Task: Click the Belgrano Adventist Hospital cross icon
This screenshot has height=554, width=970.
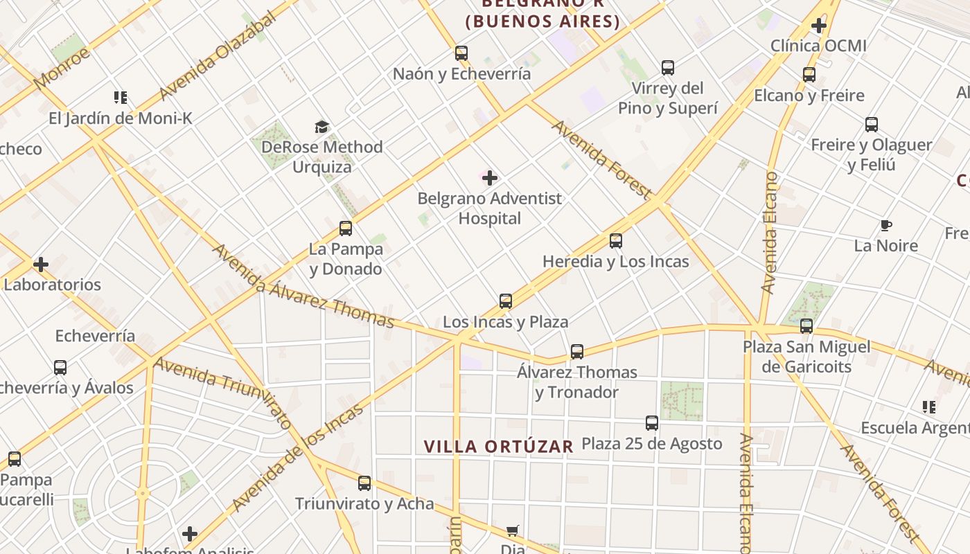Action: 490,178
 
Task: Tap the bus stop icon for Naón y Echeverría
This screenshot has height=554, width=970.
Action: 461,53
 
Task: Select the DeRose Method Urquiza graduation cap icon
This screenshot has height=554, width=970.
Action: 321,127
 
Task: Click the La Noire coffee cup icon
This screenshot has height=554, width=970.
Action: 885,225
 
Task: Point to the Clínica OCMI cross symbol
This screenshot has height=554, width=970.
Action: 819,26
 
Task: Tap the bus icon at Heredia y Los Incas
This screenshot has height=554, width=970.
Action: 615,241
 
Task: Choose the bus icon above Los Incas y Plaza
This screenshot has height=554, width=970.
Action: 506,301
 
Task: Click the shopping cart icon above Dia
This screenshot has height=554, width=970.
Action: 512,531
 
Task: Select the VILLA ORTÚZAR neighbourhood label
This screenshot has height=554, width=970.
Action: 498,447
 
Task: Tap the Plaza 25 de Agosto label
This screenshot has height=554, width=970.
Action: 651,443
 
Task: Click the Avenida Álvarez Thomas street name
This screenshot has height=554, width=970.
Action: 303,285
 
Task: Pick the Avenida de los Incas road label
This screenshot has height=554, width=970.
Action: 298,457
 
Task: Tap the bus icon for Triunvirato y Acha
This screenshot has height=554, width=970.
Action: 364,483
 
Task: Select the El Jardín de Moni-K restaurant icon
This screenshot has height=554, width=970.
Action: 121,98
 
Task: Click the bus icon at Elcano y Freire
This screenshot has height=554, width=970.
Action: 809,75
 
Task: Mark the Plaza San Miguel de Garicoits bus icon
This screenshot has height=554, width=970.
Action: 806,326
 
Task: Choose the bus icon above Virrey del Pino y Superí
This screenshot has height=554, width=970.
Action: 667,68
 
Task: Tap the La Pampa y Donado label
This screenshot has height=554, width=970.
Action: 346,258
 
